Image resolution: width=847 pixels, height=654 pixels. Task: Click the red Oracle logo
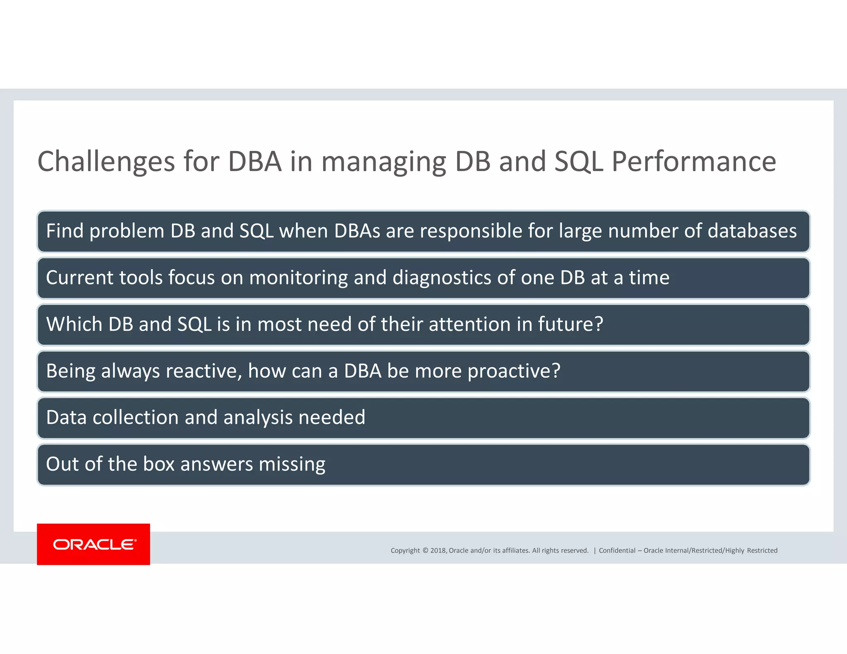click(x=93, y=544)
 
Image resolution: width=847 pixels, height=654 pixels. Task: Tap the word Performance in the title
click(x=694, y=162)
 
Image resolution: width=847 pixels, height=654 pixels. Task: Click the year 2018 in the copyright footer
click(x=438, y=550)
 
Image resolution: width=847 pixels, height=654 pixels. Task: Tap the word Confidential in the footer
click(x=617, y=550)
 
